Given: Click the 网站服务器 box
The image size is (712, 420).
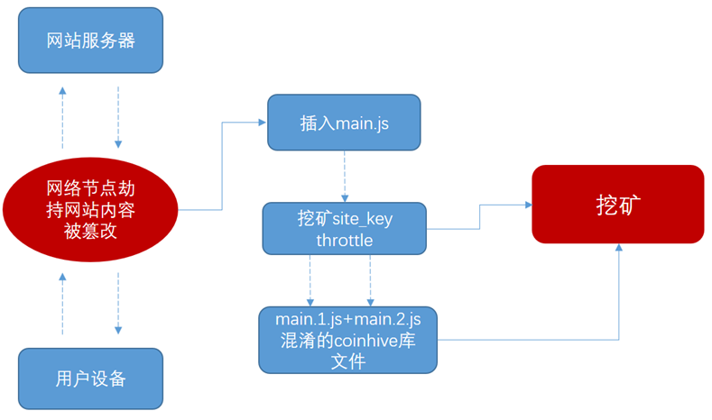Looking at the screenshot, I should click(x=90, y=41).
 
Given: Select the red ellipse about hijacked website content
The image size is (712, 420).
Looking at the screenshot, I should click(x=90, y=210).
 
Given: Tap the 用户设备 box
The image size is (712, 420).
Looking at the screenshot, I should click(x=90, y=379).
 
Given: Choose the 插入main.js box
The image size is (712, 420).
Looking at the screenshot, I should click(x=344, y=123).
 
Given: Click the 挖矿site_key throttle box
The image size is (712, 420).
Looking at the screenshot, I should click(x=344, y=229).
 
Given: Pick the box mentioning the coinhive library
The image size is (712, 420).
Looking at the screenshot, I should click(x=347, y=340).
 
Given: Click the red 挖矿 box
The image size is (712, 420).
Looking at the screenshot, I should click(x=618, y=205).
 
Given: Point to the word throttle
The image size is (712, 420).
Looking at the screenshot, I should click(x=344, y=241).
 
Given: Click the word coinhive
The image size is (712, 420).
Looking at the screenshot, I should click(x=370, y=340).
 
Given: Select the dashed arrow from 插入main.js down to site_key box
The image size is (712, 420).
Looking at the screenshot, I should click(x=344, y=177).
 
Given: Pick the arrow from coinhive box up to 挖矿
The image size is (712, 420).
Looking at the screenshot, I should click(x=618, y=297).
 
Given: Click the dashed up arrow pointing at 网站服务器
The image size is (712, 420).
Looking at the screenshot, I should click(x=62, y=117).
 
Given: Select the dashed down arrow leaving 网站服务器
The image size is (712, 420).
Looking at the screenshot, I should click(x=118, y=117).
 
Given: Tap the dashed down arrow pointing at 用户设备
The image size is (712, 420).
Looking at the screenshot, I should click(x=118, y=302).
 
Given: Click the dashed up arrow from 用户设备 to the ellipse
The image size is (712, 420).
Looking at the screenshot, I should click(x=62, y=302).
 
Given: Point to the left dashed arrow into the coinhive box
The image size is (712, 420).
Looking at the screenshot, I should click(x=310, y=280).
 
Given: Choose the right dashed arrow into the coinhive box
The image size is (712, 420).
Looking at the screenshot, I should click(x=369, y=280).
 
